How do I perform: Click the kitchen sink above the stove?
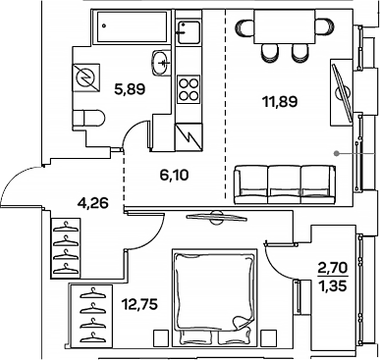point(187,33)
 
